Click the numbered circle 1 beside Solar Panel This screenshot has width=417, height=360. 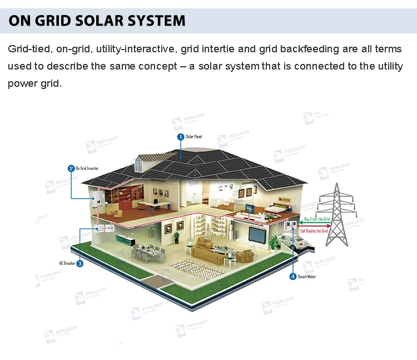point(180,136)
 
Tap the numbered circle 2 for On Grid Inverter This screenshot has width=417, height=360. point(71,168)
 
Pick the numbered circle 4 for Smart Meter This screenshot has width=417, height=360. point(293,277)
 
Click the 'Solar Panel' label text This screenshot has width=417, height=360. point(193,136)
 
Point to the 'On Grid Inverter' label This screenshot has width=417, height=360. point(88,168)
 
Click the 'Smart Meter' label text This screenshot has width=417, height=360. point(307,277)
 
